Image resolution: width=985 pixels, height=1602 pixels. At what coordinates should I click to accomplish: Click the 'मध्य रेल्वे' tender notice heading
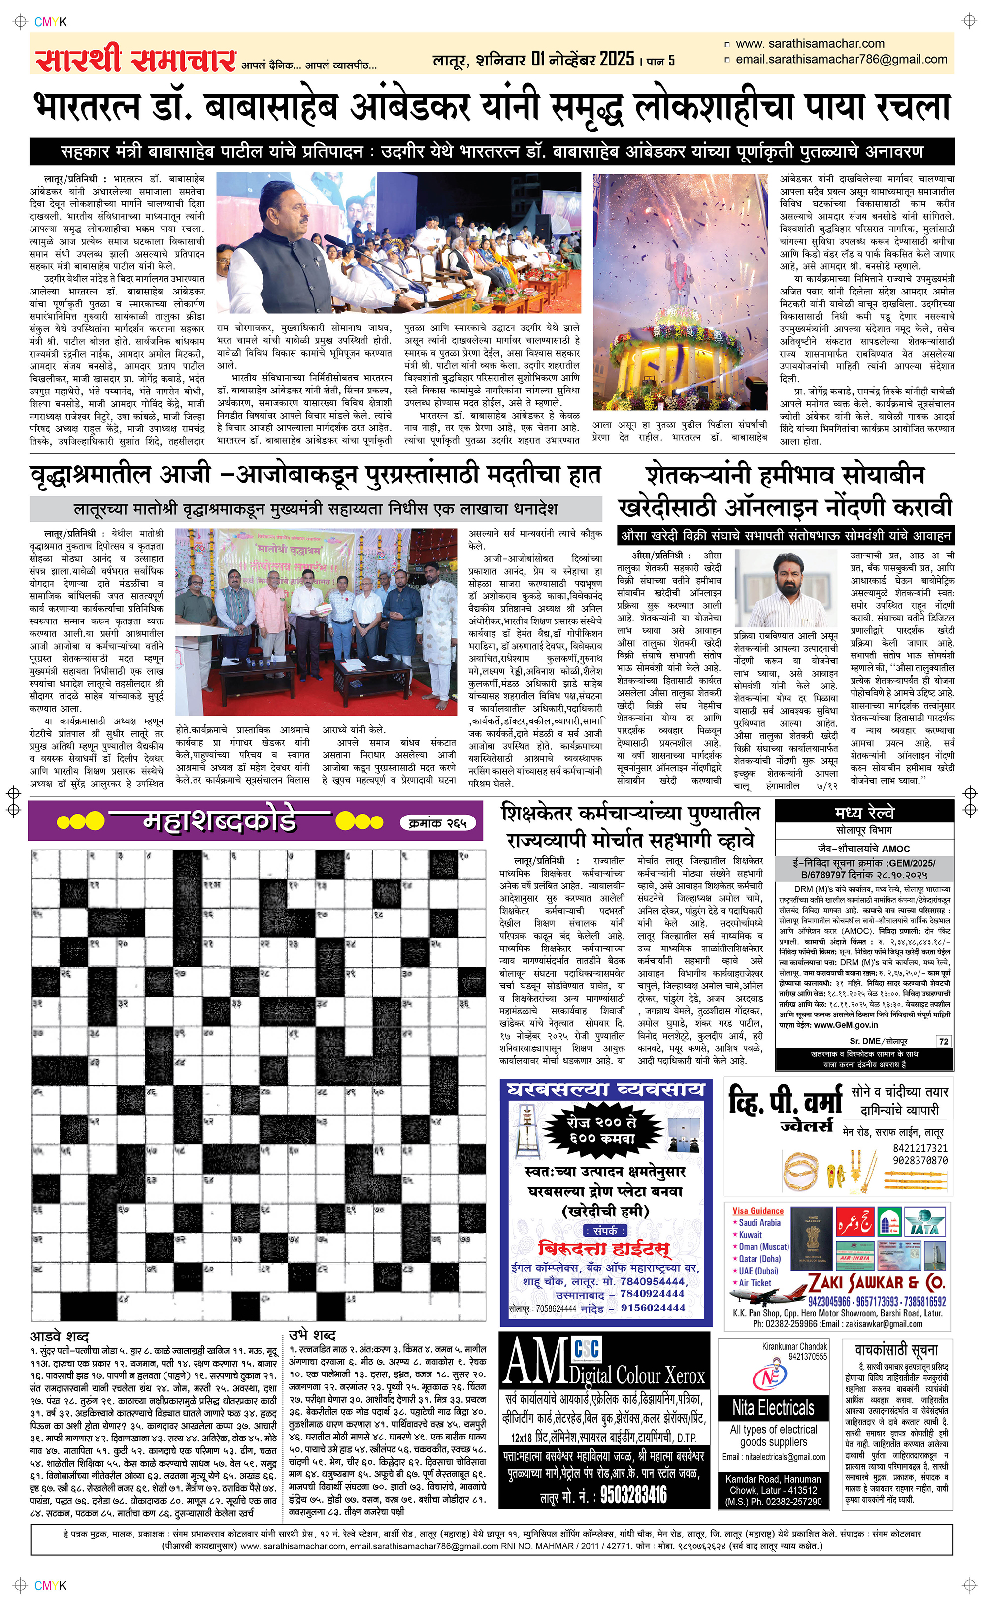point(864,813)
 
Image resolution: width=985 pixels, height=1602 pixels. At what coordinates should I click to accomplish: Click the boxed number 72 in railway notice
point(943,1041)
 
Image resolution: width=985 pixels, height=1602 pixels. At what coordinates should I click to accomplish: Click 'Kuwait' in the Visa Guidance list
point(750,1235)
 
